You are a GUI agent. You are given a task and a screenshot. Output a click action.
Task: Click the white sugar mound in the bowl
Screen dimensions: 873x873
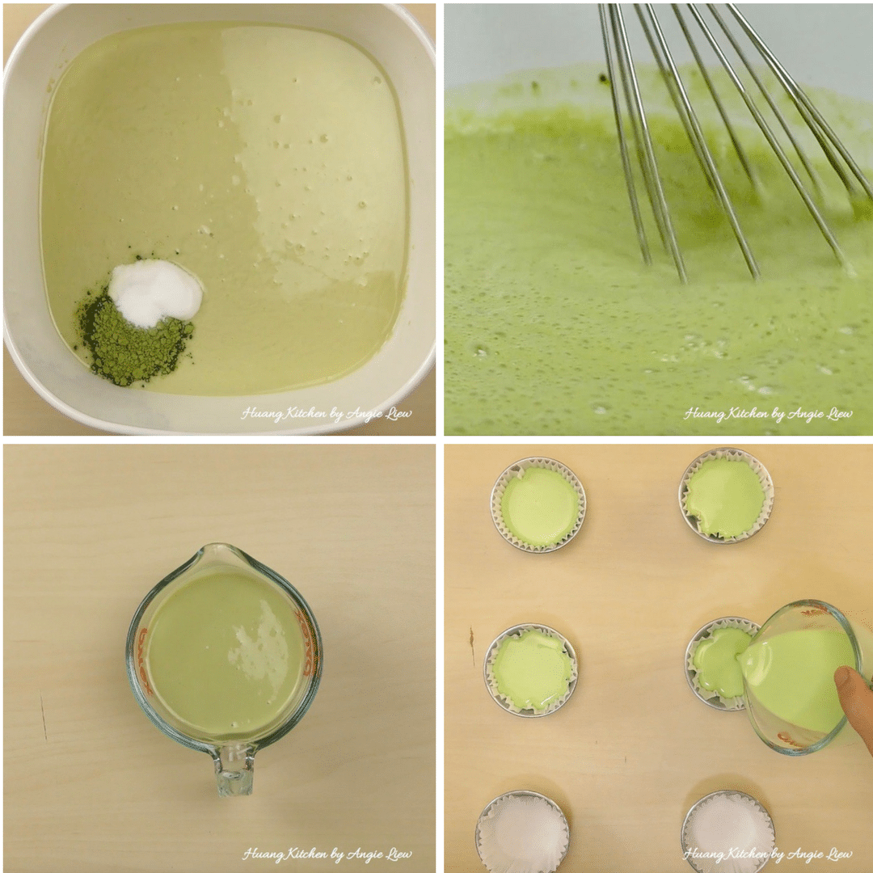point(154,293)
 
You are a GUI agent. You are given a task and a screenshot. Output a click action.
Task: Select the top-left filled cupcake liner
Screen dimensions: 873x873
point(538,505)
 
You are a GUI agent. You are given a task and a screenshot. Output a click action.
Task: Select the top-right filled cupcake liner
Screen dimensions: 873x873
point(726,496)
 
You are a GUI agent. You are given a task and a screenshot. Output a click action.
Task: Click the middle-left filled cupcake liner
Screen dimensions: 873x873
point(531,670)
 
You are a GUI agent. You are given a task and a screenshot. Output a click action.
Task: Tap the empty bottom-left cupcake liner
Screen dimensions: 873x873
point(522,832)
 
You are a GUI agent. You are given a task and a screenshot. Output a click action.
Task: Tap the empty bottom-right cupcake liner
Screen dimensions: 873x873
point(727,832)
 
